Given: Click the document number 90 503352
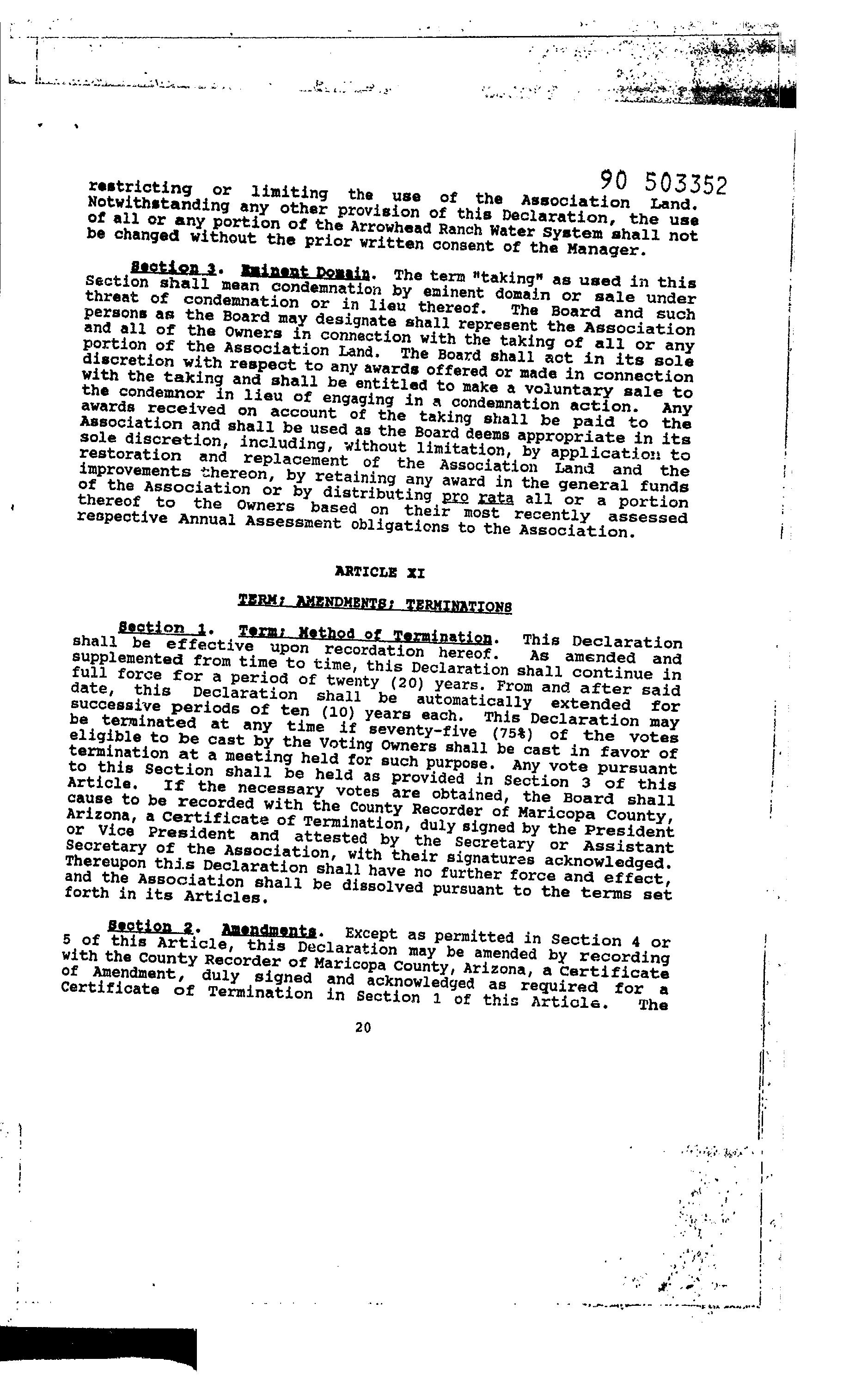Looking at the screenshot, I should [663, 182].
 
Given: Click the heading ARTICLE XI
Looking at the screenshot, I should [379, 573].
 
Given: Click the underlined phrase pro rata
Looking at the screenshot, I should [477, 497].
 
